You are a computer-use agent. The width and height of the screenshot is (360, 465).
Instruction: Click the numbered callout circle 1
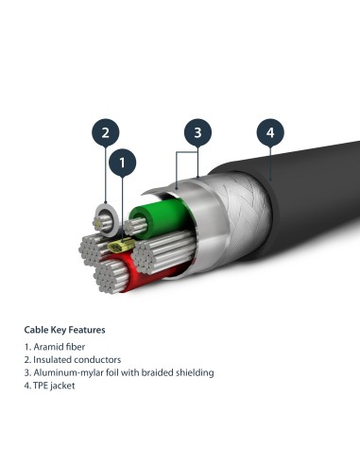click(x=121, y=164)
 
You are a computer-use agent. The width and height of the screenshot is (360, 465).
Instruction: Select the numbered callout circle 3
click(x=197, y=132)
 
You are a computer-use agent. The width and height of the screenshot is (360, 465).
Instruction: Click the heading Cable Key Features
click(x=64, y=330)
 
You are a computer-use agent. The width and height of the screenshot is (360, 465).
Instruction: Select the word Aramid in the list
click(x=45, y=347)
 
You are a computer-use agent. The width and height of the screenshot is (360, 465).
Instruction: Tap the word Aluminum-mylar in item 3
click(x=60, y=372)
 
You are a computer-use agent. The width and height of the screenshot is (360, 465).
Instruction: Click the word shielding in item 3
click(x=191, y=372)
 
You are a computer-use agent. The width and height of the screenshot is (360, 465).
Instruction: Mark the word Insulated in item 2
click(x=49, y=360)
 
